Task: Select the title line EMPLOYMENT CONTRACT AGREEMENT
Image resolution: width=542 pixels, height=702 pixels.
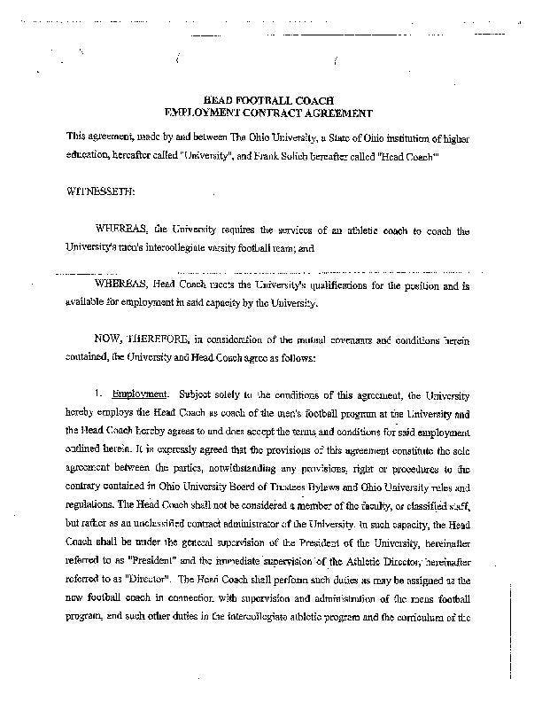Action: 269,114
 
